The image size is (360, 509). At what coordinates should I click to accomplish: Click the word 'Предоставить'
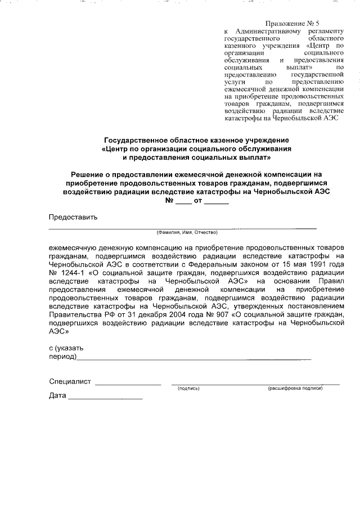coord(73,217)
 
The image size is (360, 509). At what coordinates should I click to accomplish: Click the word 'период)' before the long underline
coord(62,357)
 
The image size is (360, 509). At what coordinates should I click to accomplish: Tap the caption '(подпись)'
coord(188,389)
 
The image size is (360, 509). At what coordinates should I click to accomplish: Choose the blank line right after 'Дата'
coord(105,398)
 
